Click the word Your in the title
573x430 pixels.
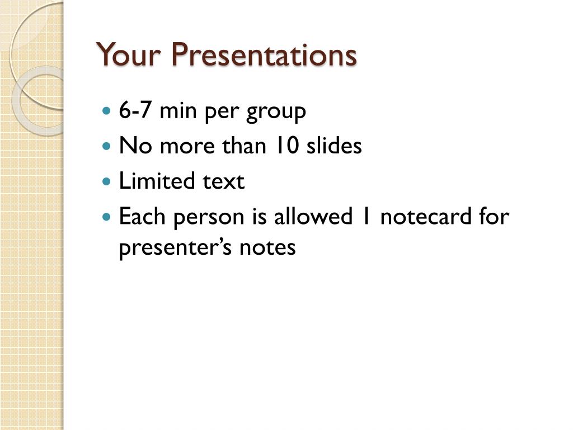(x=128, y=54)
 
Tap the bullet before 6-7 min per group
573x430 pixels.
(x=106, y=110)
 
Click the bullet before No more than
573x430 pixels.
(x=106, y=146)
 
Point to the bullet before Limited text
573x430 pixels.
(x=106, y=181)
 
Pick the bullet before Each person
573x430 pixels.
(x=106, y=217)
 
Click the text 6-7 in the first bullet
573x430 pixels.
(x=135, y=110)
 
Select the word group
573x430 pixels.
(x=276, y=113)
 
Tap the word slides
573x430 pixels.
(x=334, y=146)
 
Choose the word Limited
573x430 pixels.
(x=157, y=181)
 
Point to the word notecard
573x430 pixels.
(x=426, y=216)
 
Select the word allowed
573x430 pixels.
(x=313, y=216)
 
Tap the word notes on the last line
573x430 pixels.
(x=267, y=248)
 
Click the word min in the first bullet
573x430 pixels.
(x=178, y=110)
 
